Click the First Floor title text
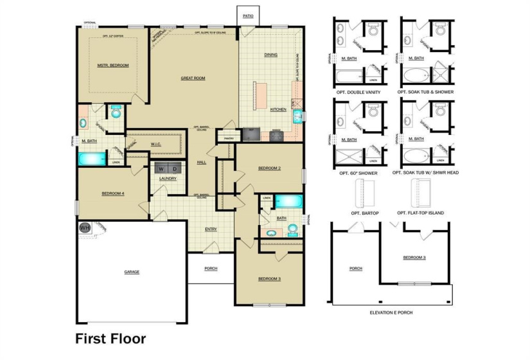click(110, 337)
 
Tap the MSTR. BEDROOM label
click(113, 66)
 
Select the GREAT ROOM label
click(193, 78)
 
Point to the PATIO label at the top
click(247, 17)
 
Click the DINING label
click(270, 55)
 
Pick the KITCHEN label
click(278, 109)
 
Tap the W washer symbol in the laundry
click(161, 168)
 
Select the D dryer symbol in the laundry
click(174, 168)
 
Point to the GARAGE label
click(132, 272)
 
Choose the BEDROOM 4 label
click(113, 194)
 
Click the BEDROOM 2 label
click(270, 168)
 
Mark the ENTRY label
click(210, 229)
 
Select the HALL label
click(201, 162)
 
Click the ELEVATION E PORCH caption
click(391, 312)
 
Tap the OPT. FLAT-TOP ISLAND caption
click(420, 212)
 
